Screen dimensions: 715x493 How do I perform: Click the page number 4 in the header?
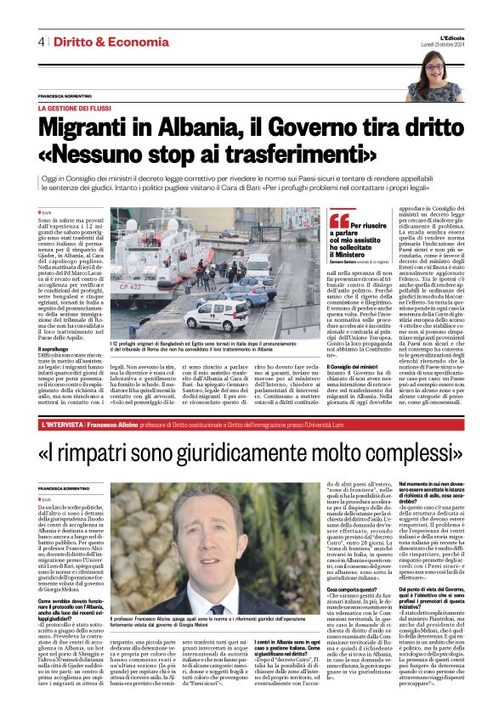(x=40, y=42)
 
